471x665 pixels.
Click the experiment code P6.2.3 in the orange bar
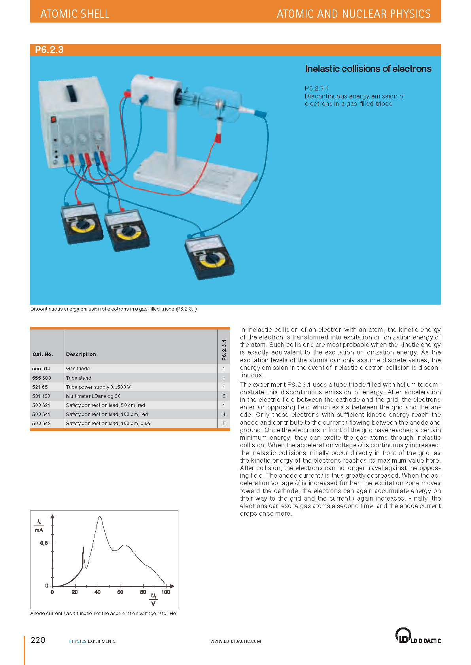(49, 50)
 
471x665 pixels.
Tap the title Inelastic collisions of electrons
(368, 69)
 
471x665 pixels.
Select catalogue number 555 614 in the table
(41, 369)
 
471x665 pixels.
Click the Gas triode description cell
(78, 369)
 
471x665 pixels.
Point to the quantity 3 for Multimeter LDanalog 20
(224, 396)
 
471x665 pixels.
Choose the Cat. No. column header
(43, 354)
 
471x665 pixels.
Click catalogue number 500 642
(41, 424)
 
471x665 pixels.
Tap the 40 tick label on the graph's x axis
(97, 592)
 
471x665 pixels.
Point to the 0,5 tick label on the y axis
(44, 543)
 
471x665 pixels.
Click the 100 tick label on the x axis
(166, 592)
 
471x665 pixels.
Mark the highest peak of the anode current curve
(99, 516)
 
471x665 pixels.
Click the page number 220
(38, 640)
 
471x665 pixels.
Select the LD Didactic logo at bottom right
(418, 636)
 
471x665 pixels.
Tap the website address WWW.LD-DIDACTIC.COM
(235, 641)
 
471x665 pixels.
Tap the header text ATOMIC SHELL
(75, 14)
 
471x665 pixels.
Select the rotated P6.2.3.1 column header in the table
(224, 350)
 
